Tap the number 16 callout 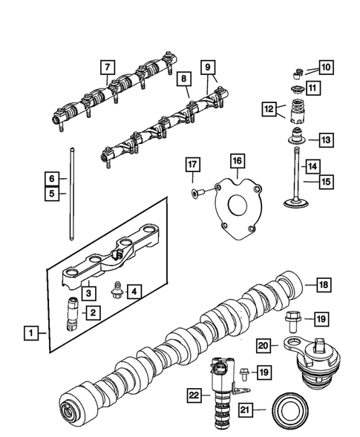[x=236, y=160]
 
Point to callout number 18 [x=323, y=284]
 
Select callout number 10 [x=327, y=68]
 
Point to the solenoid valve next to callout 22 [x=220, y=390]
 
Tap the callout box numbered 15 [x=327, y=180]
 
